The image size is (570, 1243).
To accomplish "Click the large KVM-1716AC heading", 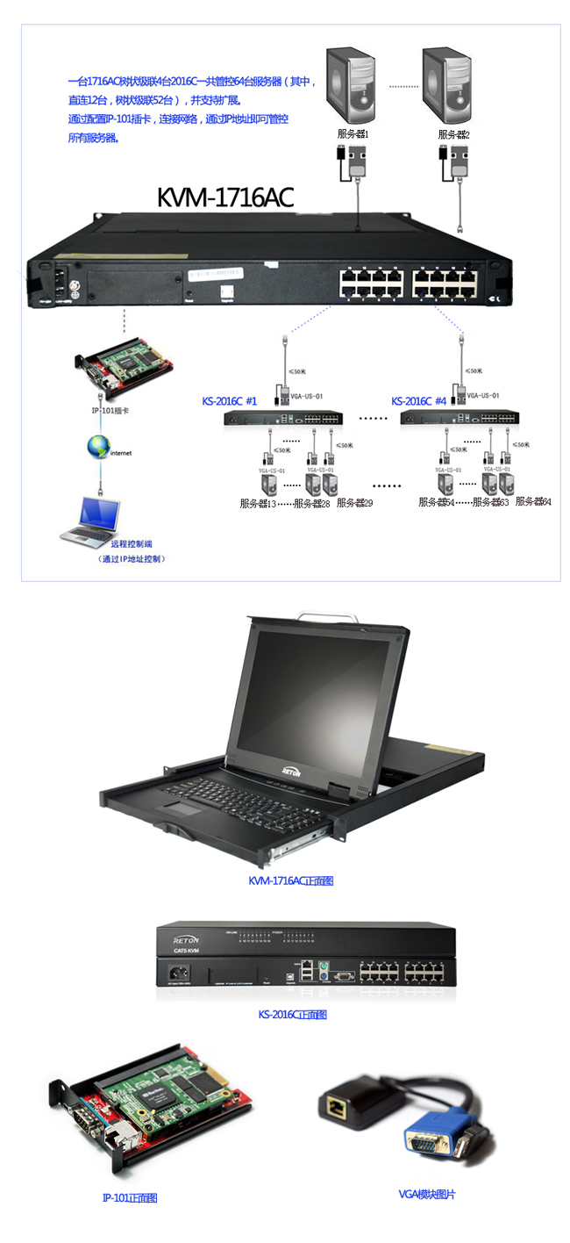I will [224, 198].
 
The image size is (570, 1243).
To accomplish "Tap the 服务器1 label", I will [353, 134].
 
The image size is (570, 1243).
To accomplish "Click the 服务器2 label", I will [453, 134].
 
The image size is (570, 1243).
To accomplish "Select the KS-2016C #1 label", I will [229, 401].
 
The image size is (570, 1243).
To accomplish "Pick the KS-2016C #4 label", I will [419, 401].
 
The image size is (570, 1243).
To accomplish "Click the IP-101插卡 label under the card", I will [111, 410].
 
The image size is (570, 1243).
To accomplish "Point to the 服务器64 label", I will [532, 501].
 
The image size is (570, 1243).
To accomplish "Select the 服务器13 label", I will [258, 503].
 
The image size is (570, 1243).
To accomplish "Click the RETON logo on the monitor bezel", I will [291, 772].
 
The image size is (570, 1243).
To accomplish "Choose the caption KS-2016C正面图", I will [292, 1014].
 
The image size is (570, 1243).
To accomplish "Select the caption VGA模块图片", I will [427, 1194].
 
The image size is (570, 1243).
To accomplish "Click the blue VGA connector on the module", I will [429, 1141].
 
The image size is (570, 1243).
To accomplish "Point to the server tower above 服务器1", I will [351, 85].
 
